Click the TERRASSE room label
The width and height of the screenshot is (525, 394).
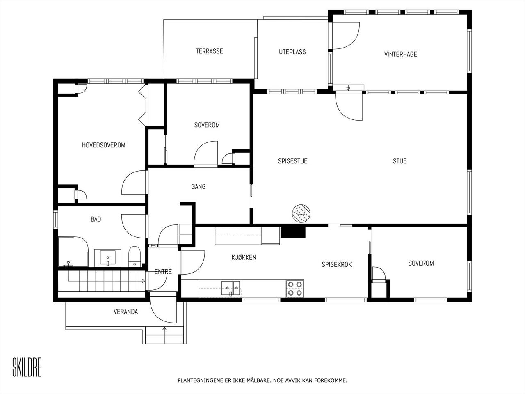pyautogui.click(x=209, y=51)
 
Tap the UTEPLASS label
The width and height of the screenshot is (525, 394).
pyautogui.click(x=292, y=52)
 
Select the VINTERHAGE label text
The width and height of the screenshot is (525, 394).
pyautogui.click(x=401, y=54)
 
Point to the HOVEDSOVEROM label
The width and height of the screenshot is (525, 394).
pyautogui.click(x=104, y=145)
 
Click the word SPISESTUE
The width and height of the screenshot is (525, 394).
pyautogui.click(x=292, y=161)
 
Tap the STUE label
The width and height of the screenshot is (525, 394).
pyautogui.click(x=399, y=161)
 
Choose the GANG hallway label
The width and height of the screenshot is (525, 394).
pyautogui.click(x=198, y=187)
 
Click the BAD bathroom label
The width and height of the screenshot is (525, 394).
pyautogui.click(x=96, y=219)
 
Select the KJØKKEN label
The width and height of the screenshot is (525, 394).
pyautogui.click(x=244, y=257)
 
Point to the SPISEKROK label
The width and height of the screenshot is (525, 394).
pyautogui.click(x=336, y=265)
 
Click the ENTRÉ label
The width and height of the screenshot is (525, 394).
pyautogui.click(x=163, y=272)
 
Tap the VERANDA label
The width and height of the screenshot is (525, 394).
pyautogui.click(x=126, y=312)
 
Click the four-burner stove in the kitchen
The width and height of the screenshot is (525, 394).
pyautogui.click(x=295, y=289)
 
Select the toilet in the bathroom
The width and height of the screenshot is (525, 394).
pyautogui.click(x=134, y=257)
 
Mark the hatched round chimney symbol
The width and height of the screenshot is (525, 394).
pyautogui.click(x=301, y=213)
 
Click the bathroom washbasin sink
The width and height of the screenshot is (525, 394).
pyautogui.click(x=107, y=258)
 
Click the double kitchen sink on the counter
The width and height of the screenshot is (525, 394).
pyautogui.click(x=231, y=289)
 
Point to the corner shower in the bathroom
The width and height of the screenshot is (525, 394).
pyautogui.click(x=73, y=252)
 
